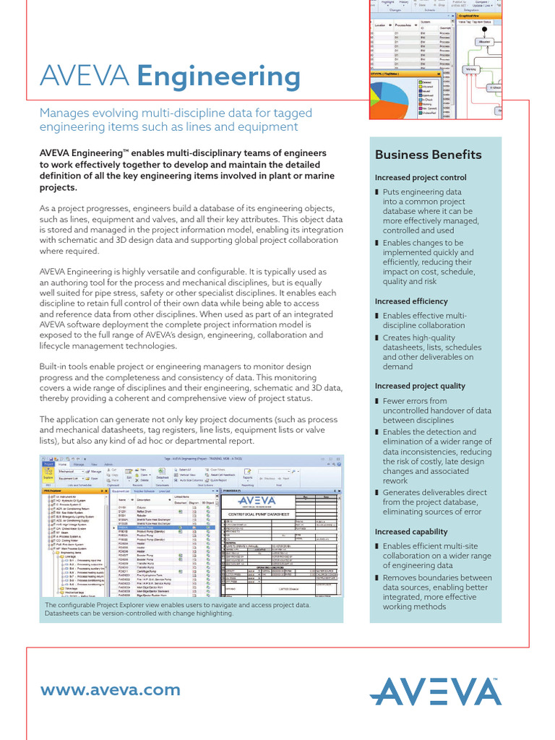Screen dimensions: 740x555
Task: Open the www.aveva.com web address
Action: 110,690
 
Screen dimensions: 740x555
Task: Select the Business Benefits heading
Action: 428,155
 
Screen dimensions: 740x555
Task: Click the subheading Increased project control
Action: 421,178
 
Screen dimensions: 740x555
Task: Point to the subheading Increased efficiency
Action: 411,301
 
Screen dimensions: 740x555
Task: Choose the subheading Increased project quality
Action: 420,386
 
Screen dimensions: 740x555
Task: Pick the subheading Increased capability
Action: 412,532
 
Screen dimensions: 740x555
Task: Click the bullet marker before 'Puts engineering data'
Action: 377,192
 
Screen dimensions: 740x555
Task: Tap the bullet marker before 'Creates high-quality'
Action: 377,337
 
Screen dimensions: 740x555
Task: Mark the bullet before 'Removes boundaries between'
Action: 377,578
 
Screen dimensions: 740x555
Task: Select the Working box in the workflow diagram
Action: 471,69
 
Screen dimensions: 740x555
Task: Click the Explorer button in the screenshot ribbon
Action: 48,476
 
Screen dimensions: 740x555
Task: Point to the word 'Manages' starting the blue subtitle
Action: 66,113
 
